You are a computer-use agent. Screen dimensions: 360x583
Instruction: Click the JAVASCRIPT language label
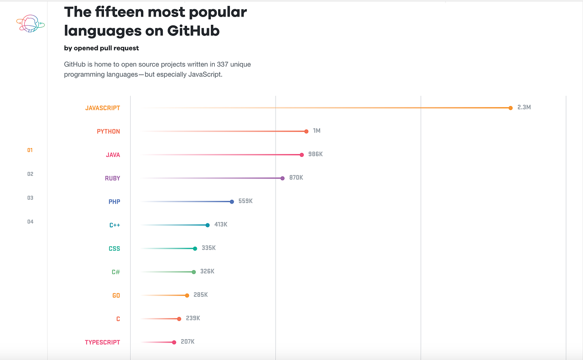[103, 108]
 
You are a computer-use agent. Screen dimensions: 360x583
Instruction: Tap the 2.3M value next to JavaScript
[524, 107]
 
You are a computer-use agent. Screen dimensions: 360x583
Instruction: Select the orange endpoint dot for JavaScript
[511, 108]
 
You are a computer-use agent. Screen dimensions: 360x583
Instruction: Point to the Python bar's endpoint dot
[307, 131]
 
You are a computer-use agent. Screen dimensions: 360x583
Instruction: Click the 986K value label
[315, 154]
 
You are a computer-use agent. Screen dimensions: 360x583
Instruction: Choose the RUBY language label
[112, 178]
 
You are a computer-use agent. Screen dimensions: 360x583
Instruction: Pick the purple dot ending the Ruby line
[283, 178]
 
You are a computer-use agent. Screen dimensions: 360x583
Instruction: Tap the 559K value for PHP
[245, 201]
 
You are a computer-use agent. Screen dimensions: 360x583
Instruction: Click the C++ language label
[115, 225]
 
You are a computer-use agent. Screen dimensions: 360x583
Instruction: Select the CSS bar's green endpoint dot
[195, 249]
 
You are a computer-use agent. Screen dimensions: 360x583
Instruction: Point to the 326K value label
[207, 271]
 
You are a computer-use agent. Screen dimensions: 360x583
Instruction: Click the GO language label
[116, 295]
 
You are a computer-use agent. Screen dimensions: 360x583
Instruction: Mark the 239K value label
[193, 318]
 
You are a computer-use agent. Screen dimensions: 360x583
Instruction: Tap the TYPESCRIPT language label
[103, 343]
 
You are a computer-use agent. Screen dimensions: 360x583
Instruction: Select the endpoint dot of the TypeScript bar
[174, 343]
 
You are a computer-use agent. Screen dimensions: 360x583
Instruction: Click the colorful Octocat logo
[30, 23]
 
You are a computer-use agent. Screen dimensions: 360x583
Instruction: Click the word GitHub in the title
[193, 31]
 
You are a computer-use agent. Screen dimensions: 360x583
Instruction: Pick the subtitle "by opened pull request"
[102, 48]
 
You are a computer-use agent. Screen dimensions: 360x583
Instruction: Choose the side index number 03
[30, 198]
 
